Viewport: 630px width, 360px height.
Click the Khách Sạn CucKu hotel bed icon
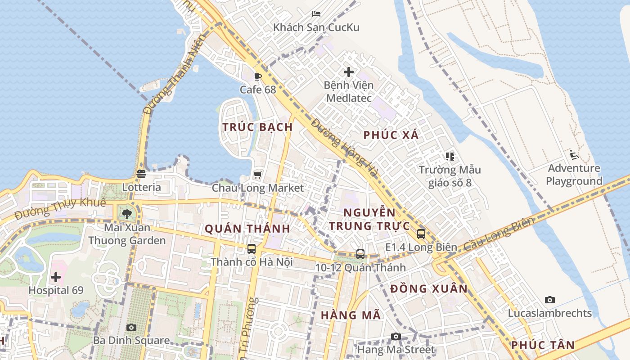(316, 13)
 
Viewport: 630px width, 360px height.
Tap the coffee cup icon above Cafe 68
(258, 76)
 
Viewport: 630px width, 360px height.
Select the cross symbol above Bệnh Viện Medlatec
(349, 72)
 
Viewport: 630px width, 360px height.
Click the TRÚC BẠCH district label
(258, 127)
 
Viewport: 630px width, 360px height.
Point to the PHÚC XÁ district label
(391, 135)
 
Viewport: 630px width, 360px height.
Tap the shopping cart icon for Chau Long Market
(258, 175)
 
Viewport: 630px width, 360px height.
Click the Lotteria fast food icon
(141, 174)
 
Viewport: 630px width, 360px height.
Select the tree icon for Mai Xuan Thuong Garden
(127, 214)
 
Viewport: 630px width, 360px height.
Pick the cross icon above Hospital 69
(56, 277)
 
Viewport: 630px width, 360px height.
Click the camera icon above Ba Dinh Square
(131, 327)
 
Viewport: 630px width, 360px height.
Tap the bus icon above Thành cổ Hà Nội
(252, 248)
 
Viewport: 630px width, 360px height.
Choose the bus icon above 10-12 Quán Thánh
(360, 254)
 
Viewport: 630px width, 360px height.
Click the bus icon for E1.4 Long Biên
(421, 234)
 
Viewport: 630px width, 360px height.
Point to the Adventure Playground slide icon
(574, 155)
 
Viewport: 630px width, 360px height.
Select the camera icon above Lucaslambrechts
(550, 300)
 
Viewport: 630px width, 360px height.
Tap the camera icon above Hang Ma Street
(396, 336)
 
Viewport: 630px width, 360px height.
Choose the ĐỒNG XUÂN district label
(429, 289)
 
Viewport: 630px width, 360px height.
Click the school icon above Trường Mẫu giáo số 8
(450, 157)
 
